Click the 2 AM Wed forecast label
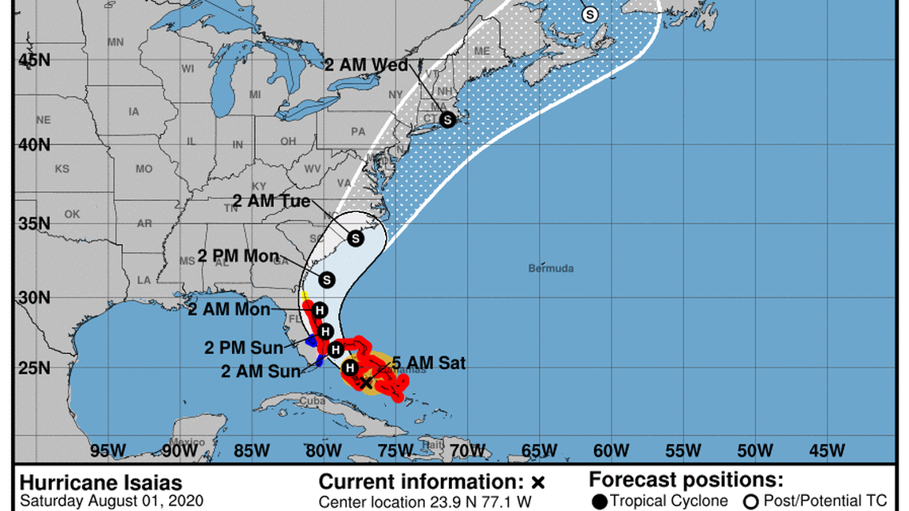(367, 65)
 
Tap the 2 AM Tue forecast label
(271, 201)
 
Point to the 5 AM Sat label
(427, 364)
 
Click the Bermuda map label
(550, 269)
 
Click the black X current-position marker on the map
(366, 383)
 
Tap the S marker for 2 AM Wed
(447, 120)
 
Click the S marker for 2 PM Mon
(326, 280)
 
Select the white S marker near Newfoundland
(590, 14)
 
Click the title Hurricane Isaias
(100, 483)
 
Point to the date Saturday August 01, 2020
(111, 501)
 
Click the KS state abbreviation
(62, 169)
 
